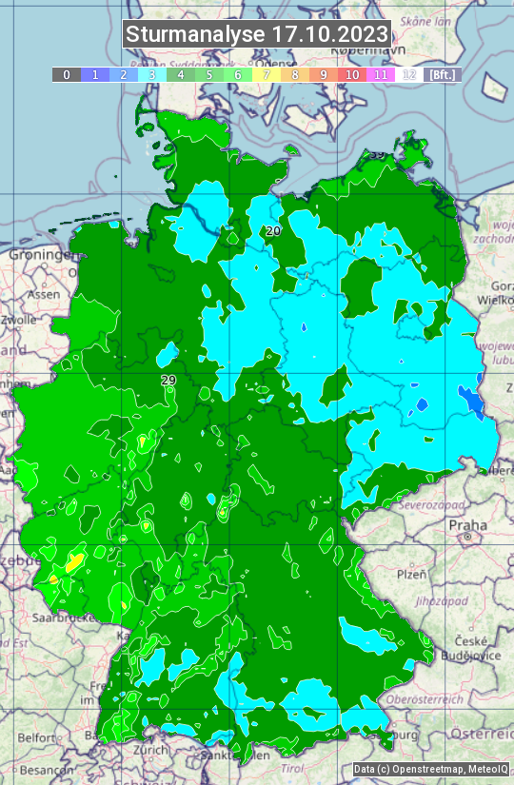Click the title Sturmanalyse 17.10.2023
(x=257, y=34)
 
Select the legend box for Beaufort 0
(x=67, y=74)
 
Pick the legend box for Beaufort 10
(x=352, y=74)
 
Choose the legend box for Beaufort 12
(x=409, y=74)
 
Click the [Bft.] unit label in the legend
(x=442, y=74)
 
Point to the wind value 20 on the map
(x=273, y=231)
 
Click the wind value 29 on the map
(x=168, y=381)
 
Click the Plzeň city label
(x=411, y=575)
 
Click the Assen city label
(x=42, y=295)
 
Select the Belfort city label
(x=38, y=737)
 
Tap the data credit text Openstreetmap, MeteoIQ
(x=429, y=769)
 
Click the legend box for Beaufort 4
(x=181, y=74)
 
